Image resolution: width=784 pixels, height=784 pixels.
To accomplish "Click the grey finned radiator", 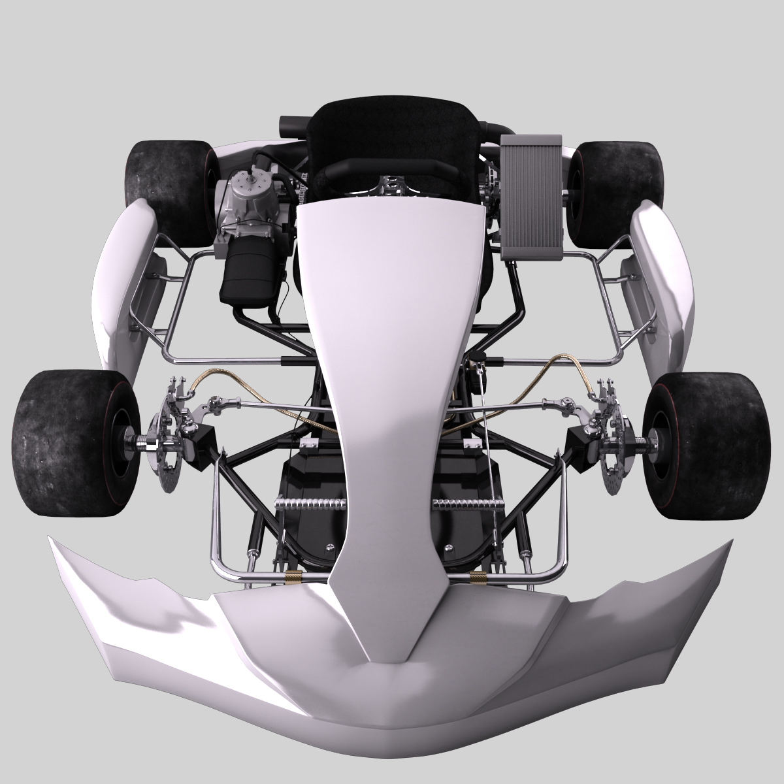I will tap(531, 196).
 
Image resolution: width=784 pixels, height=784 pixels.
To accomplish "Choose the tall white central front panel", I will tap(389, 327).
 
